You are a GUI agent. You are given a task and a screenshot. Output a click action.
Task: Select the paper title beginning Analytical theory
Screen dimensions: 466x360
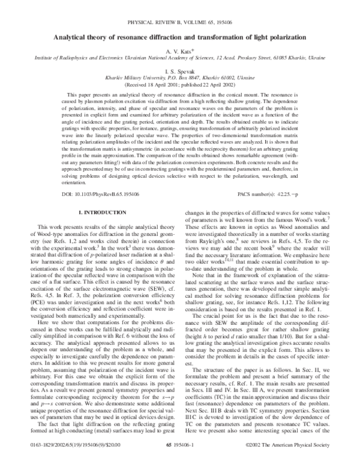tap(180, 37)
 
